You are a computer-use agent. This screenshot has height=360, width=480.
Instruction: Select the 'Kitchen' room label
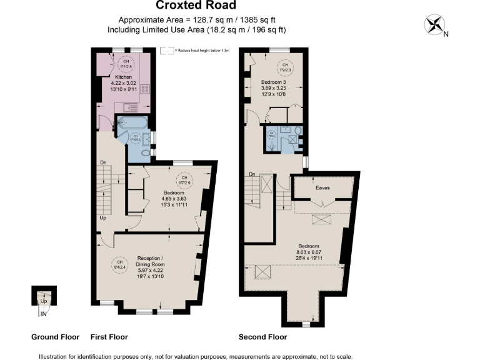[x=122, y=77]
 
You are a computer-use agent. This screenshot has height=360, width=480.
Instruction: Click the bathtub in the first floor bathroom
[x=133, y=122]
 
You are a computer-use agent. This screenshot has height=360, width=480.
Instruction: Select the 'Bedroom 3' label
[x=274, y=82]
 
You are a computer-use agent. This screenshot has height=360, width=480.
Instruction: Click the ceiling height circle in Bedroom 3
[x=285, y=66]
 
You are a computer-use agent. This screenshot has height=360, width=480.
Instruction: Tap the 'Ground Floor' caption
[x=55, y=337]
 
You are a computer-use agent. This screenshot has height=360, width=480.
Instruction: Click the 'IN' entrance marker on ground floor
[x=44, y=314]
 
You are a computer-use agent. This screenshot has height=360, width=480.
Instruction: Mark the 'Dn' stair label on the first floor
[x=104, y=163]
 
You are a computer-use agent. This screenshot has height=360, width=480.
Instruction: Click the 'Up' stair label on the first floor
[x=102, y=218]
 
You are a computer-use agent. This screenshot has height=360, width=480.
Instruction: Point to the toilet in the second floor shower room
[x=297, y=131]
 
